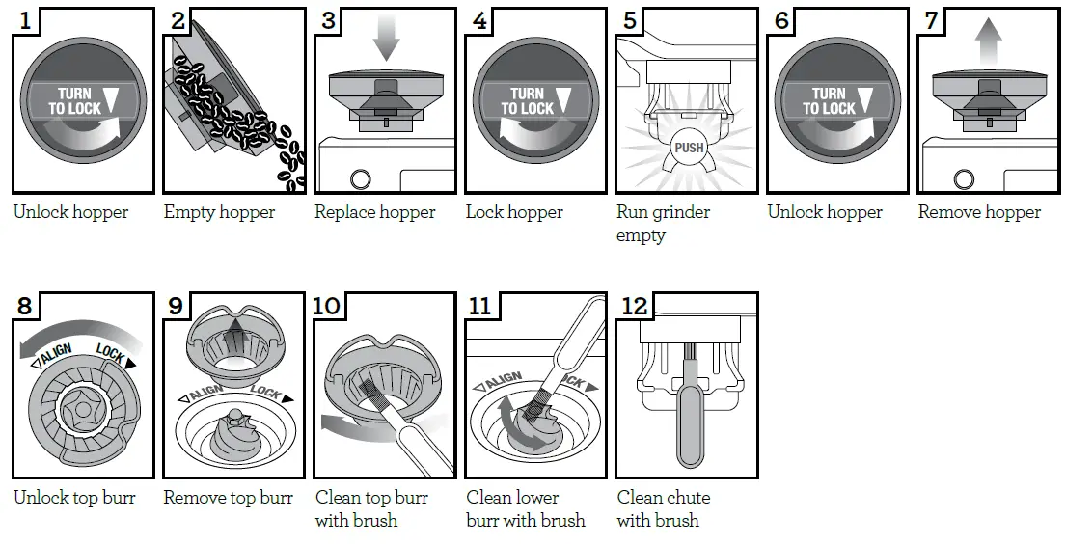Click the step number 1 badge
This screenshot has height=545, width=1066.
26,21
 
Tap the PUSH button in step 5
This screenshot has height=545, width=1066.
689,149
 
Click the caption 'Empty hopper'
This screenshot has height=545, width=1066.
219,212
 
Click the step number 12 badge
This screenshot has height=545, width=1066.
633,306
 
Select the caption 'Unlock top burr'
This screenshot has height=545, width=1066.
74,498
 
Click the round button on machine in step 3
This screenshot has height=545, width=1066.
361,179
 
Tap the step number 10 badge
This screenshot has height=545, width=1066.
328,306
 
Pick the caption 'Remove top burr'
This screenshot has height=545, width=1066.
228,498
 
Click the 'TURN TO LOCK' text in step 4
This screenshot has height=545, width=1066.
528,101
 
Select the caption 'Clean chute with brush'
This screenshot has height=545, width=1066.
664,508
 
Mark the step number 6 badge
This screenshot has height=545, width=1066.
781,21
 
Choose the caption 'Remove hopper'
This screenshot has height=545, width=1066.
979,212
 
